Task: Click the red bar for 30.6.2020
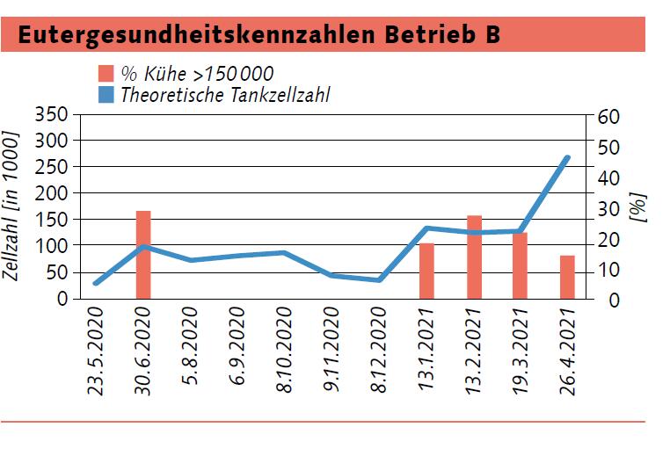(143, 255)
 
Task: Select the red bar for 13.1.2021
(426, 271)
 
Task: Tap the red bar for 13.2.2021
(474, 257)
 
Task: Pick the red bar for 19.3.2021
(521, 265)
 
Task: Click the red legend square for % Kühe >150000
(106, 73)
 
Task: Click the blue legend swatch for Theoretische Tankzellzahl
(106, 94)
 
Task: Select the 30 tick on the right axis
(608, 208)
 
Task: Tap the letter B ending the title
(492, 34)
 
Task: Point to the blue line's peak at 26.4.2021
(567, 158)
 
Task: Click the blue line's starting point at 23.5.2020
(96, 283)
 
